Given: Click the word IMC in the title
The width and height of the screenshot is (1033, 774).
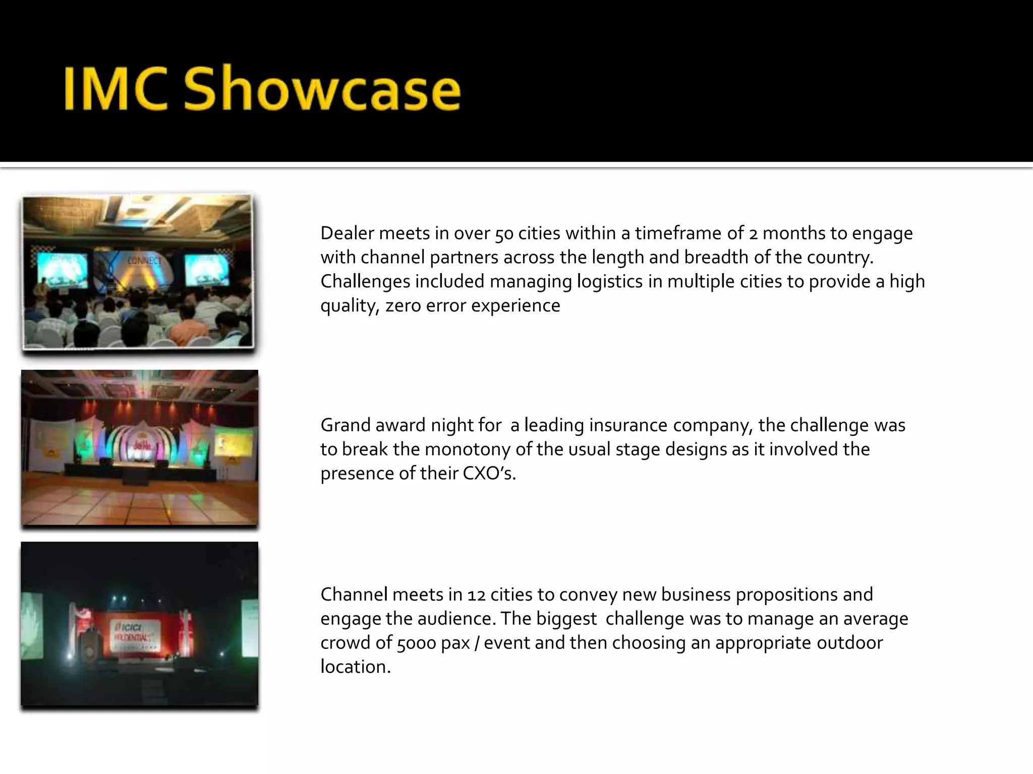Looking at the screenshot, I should [x=114, y=89].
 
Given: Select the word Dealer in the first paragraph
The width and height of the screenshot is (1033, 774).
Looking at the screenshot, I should [x=347, y=233].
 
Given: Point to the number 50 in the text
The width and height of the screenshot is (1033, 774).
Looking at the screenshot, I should [x=504, y=234].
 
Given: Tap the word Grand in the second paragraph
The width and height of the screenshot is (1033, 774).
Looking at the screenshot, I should [x=346, y=425].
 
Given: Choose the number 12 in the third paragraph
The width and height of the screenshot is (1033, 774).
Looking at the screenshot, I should [x=476, y=595].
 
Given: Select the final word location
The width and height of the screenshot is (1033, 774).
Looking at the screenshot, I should [x=355, y=667].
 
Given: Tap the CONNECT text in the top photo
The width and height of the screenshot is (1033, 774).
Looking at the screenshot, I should [x=145, y=261].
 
